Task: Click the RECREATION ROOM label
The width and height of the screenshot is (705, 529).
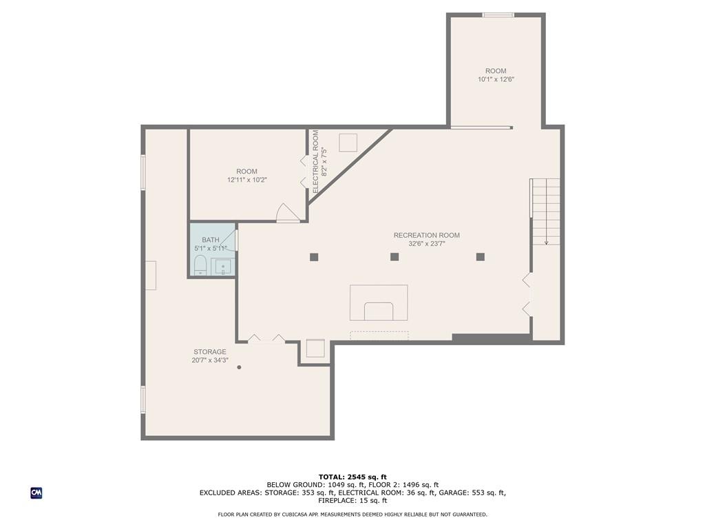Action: [x=427, y=236]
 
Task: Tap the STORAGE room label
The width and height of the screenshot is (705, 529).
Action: [x=210, y=352]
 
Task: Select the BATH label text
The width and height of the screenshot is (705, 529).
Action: [x=211, y=240]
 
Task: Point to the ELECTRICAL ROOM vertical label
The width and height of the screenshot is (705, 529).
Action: [x=315, y=162]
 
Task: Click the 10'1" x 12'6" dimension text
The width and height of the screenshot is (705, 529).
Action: [x=496, y=79]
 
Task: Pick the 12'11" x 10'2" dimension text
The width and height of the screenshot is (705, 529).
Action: [x=247, y=180]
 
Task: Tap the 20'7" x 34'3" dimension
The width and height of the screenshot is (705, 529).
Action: [x=210, y=360]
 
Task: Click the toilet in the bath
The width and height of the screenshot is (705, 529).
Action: [x=200, y=265]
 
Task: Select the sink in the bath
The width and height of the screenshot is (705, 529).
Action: [x=223, y=267]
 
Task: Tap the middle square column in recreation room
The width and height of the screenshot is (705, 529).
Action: [x=394, y=257]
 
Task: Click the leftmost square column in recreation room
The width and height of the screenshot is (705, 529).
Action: [x=314, y=258]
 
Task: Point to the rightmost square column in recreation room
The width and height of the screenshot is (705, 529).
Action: [x=480, y=257]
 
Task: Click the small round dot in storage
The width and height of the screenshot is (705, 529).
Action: [x=239, y=368]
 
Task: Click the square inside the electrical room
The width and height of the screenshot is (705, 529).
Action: [x=348, y=143]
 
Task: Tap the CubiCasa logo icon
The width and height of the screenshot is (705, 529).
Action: [x=36, y=493]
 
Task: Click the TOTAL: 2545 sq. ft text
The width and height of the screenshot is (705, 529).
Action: [x=352, y=477]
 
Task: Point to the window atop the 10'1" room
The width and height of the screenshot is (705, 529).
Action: [x=498, y=15]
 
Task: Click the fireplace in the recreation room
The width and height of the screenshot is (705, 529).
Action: [x=379, y=303]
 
